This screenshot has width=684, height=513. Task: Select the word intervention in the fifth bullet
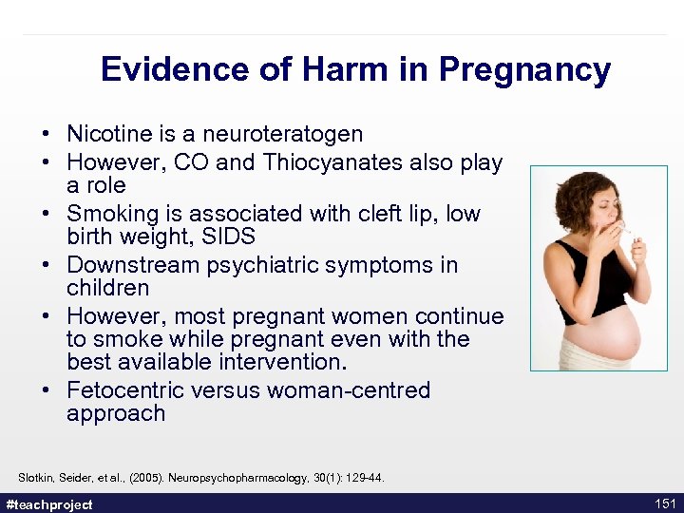pyautogui.click(x=295, y=362)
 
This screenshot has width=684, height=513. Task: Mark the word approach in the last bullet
pyautogui.click(x=116, y=413)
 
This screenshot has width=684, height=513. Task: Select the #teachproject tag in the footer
pyautogui.click(x=49, y=504)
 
